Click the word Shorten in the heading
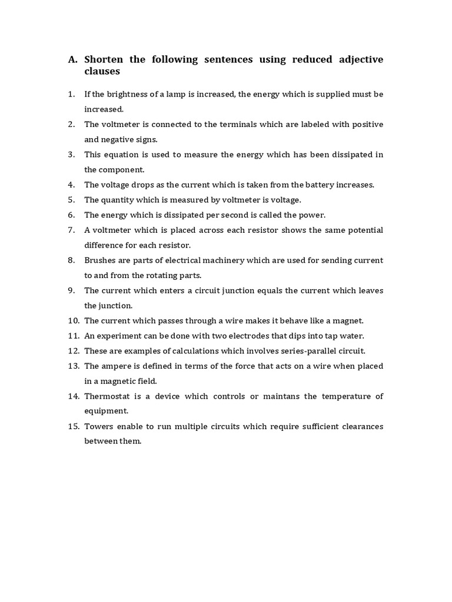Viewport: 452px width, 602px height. coord(104,59)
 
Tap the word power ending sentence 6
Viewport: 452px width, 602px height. coord(313,215)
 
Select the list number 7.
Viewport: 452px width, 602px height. coord(71,230)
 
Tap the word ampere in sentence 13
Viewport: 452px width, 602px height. coord(115,366)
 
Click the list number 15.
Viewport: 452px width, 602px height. coord(73,426)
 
